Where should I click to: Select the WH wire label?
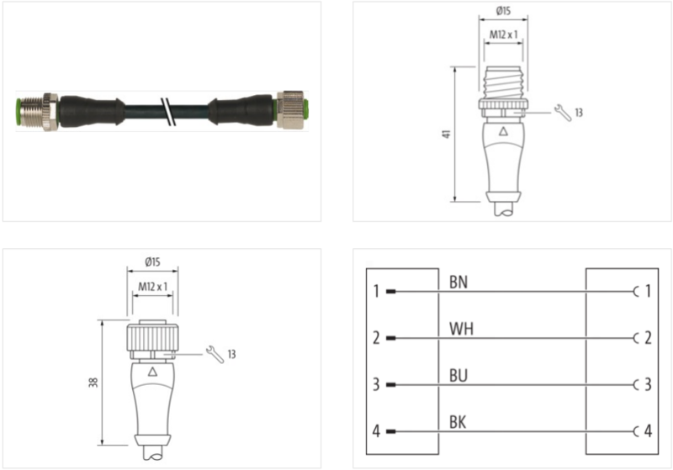click(x=462, y=329)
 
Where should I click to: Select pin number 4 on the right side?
click(x=647, y=432)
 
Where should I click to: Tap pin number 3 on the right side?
click(x=647, y=386)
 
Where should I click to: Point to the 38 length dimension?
click(x=93, y=382)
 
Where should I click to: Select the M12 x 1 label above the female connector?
click(x=152, y=288)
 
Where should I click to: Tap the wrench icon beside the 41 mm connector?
click(x=564, y=112)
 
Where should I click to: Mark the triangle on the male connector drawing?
click(x=502, y=132)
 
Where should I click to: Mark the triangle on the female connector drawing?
click(x=152, y=371)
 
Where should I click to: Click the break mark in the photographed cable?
click(x=172, y=110)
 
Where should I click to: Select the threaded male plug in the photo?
click(x=35, y=110)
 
